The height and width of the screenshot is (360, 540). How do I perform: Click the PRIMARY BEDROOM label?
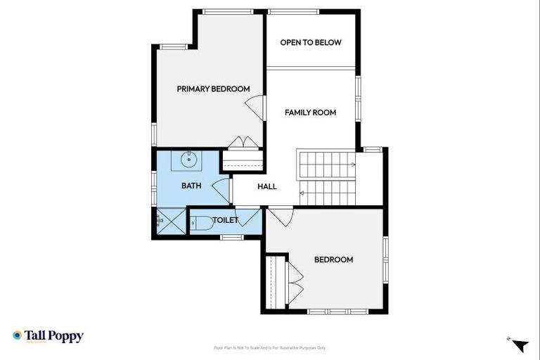[x=213, y=89]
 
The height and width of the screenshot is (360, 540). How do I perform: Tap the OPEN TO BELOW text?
[x=311, y=42]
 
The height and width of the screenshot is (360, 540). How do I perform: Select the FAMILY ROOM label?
[x=310, y=112]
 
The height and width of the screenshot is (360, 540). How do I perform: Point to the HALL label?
[x=267, y=186]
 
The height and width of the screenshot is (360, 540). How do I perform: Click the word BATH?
[x=191, y=186]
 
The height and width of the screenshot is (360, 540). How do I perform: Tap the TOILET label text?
[x=226, y=220]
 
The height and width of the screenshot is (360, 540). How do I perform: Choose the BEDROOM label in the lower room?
[x=333, y=259]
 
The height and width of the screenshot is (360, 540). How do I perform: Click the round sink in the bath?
[x=188, y=160]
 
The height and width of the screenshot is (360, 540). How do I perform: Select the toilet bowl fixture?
[x=202, y=224]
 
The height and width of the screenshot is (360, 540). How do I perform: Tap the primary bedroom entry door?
[x=256, y=107]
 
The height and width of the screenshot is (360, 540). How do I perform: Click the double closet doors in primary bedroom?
[x=243, y=142]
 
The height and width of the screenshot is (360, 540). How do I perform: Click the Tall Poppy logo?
[x=48, y=336]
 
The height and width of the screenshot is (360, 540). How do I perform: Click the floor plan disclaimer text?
[x=269, y=347]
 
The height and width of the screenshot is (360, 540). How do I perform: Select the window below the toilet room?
[x=231, y=237]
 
